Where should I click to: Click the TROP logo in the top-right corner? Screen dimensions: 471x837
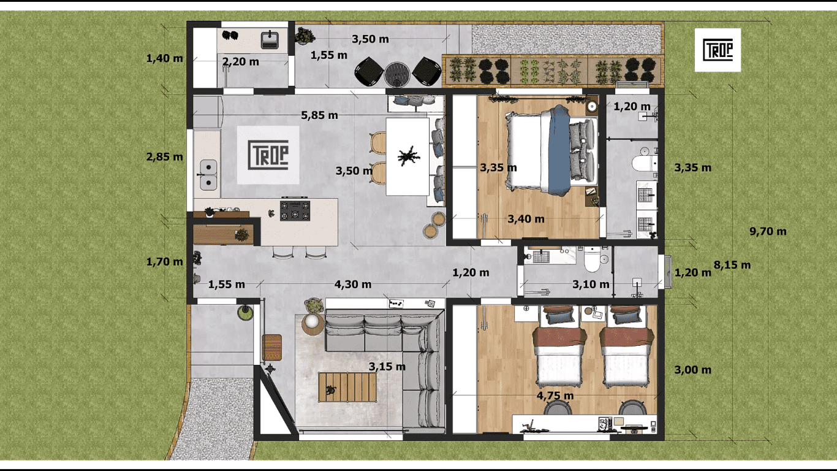point(718,50)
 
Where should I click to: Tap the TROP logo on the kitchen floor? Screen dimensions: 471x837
point(268,155)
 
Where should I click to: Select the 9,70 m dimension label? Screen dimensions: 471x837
point(768,231)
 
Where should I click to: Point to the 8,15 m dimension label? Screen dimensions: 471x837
point(732,265)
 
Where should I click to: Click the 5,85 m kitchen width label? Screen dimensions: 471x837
point(319,115)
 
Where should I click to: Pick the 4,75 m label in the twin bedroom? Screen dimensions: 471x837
point(555,396)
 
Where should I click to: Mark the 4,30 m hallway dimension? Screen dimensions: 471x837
point(352,284)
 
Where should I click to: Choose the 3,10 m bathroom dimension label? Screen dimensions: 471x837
point(591,284)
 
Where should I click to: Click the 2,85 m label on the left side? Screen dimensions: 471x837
point(164,156)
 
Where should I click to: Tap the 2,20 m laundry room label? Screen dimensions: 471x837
point(240,61)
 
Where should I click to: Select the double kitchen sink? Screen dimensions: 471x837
point(209,175)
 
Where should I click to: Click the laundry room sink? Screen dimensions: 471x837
point(270,40)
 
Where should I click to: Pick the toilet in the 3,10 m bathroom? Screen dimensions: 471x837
point(592,261)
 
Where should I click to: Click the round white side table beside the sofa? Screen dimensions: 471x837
point(313,323)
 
